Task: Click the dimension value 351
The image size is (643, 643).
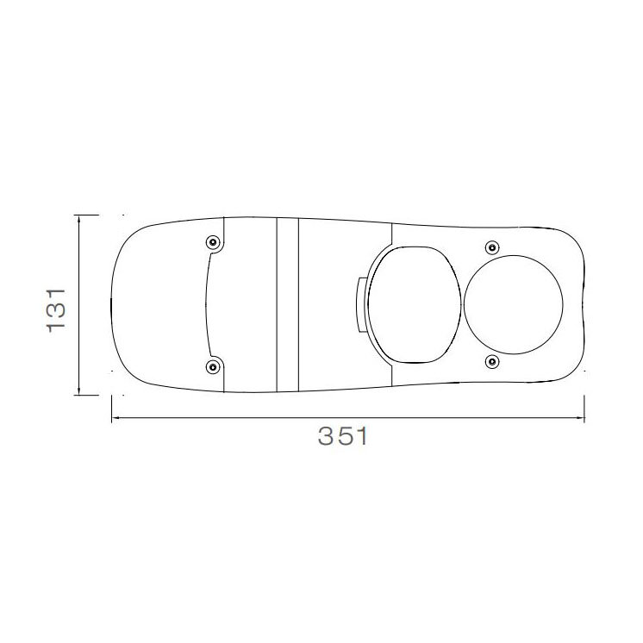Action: coord(343,437)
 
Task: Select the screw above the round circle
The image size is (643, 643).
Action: coord(491,248)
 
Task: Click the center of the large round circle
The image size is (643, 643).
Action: coord(515,304)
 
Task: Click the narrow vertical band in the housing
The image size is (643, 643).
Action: coord(287,304)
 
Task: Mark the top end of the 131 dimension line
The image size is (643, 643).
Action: coord(79,215)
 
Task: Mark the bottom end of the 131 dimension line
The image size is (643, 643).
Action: coord(79,396)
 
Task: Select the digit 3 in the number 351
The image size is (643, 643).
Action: coord(325,437)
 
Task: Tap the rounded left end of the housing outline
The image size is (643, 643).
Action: coord(113,304)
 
